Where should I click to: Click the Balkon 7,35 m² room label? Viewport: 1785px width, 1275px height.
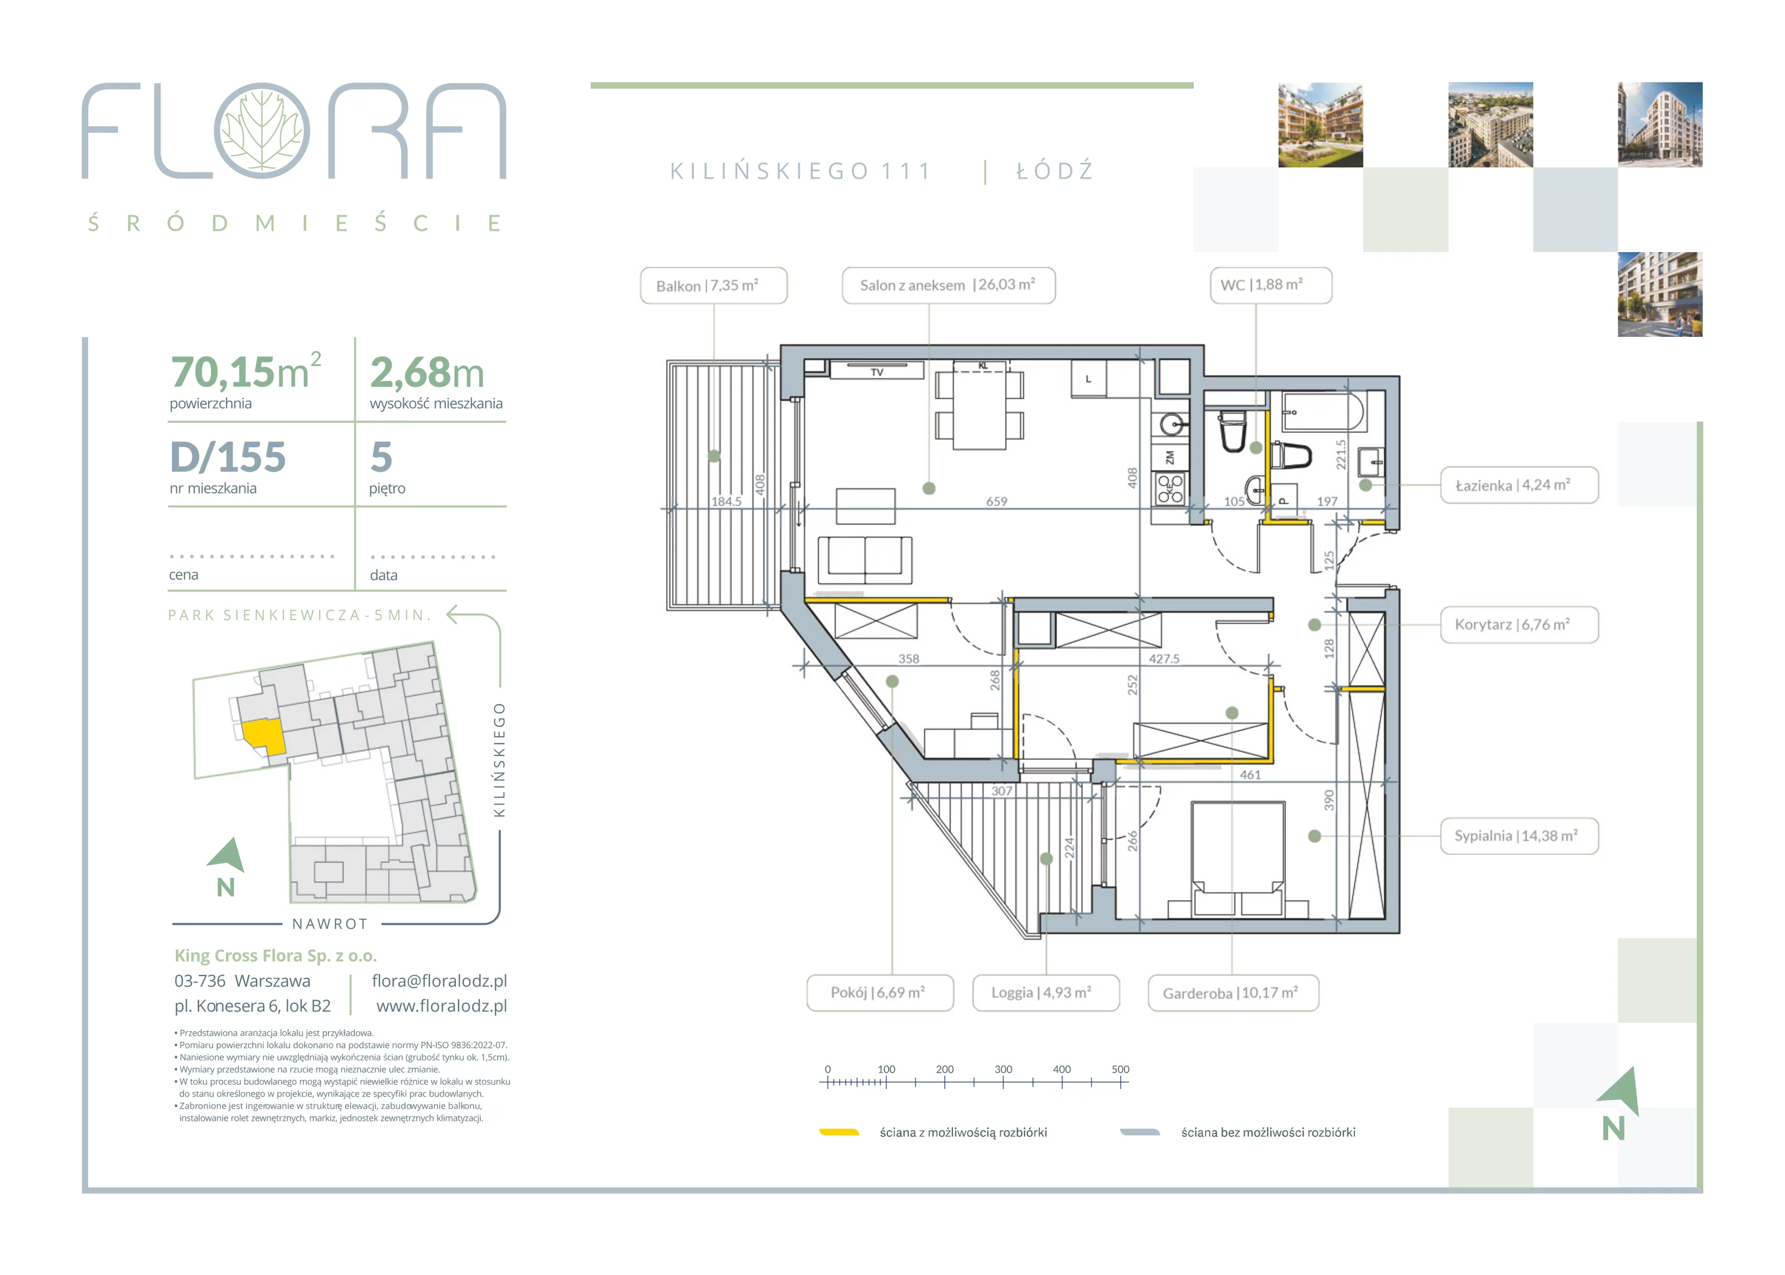pos(713,285)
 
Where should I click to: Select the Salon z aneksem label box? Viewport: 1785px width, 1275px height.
pos(948,285)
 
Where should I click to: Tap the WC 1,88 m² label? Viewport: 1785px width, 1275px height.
pos(1270,285)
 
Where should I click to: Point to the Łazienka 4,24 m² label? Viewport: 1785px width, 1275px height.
pos(1519,485)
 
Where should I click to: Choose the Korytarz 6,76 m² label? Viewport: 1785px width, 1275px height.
pos(1519,625)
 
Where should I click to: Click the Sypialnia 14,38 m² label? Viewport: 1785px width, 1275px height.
pos(1519,836)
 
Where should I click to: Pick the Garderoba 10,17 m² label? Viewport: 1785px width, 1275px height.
pos(1233,993)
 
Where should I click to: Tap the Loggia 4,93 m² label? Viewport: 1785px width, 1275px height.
pos(1045,993)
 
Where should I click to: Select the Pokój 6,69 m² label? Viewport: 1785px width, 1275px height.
pos(880,993)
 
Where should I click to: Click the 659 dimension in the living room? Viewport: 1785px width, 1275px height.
pos(996,501)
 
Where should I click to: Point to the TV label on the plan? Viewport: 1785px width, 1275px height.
pos(877,372)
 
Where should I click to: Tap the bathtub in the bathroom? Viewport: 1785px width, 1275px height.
pos(1324,410)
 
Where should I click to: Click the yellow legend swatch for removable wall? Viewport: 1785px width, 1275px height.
pos(839,1132)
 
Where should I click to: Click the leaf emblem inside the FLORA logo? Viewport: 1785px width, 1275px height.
pos(262,131)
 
